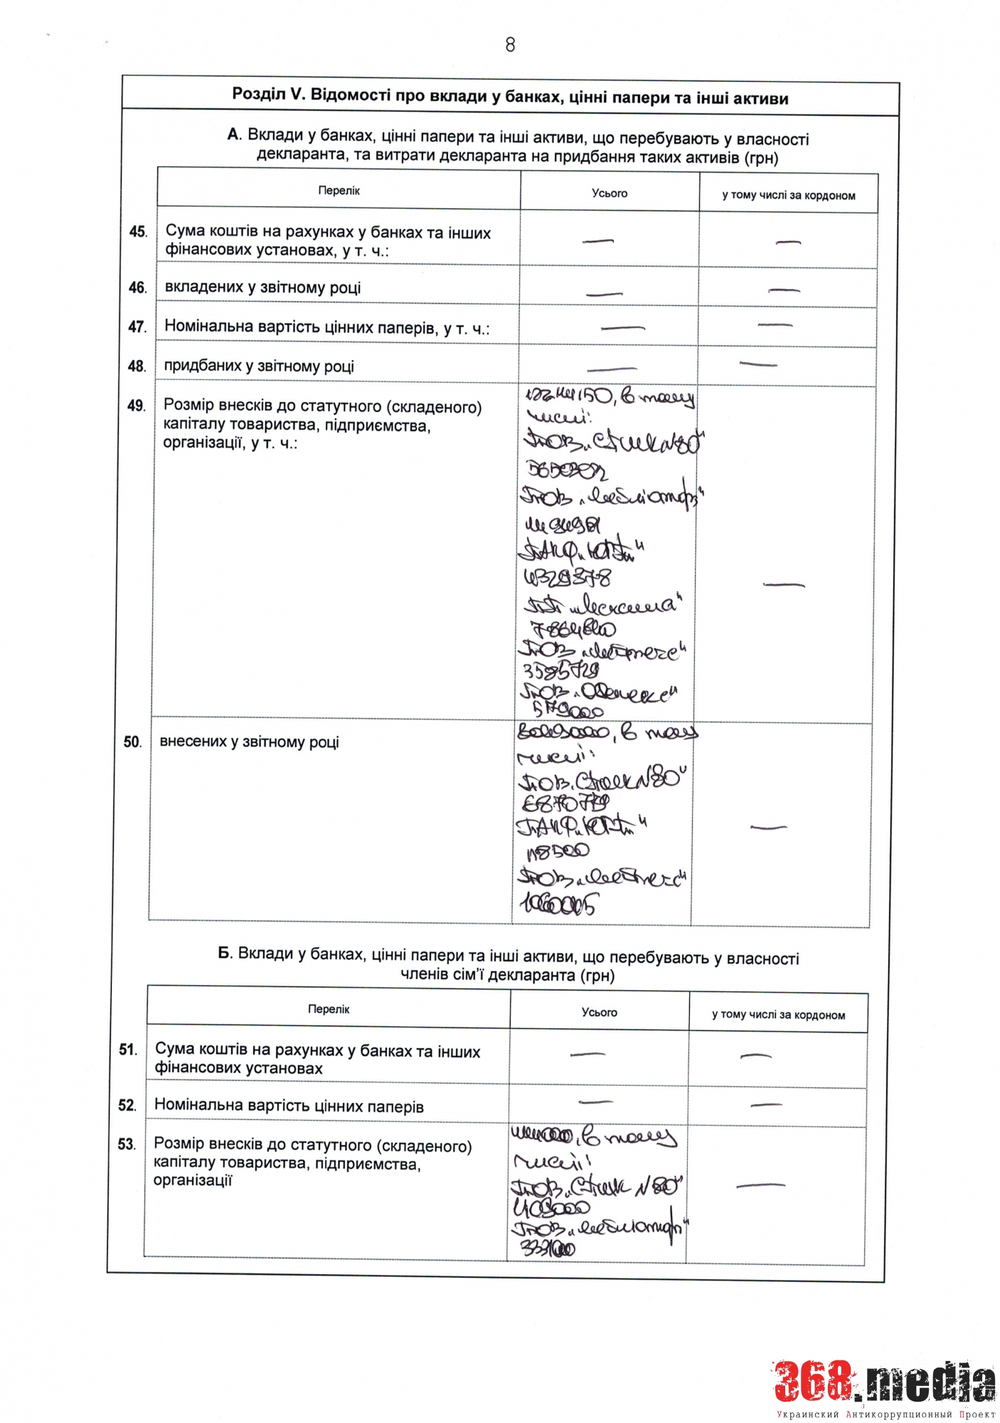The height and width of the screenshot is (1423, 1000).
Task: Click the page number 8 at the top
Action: [x=510, y=45]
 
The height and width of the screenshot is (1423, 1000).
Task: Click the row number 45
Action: [x=138, y=232]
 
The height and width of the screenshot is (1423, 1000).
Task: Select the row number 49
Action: [x=136, y=406]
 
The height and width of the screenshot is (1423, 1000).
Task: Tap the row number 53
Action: [x=127, y=1144]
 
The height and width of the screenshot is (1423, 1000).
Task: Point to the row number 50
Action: [x=132, y=742]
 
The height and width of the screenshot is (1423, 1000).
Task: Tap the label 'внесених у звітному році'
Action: [x=249, y=742]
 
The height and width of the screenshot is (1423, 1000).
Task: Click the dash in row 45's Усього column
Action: [x=597, y=242]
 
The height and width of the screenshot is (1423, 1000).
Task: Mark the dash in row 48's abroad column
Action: [x=758, y=364]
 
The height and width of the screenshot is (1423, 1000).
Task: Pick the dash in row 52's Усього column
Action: [x=595, y=1102]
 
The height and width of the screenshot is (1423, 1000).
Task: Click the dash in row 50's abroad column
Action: [x=768, y=827]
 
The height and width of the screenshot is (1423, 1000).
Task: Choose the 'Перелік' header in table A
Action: [x=339, y=191]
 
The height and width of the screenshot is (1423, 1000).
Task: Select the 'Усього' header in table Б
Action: [x=599, y=1012]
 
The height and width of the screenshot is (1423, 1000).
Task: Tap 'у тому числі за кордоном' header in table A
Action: [x=788, y=195]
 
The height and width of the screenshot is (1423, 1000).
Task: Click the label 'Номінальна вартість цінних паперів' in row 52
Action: [x=289, y=1106]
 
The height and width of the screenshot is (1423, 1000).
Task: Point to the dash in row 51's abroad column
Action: [x=755, y=1056]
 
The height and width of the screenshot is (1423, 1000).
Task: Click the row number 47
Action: [x=137, y=327]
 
